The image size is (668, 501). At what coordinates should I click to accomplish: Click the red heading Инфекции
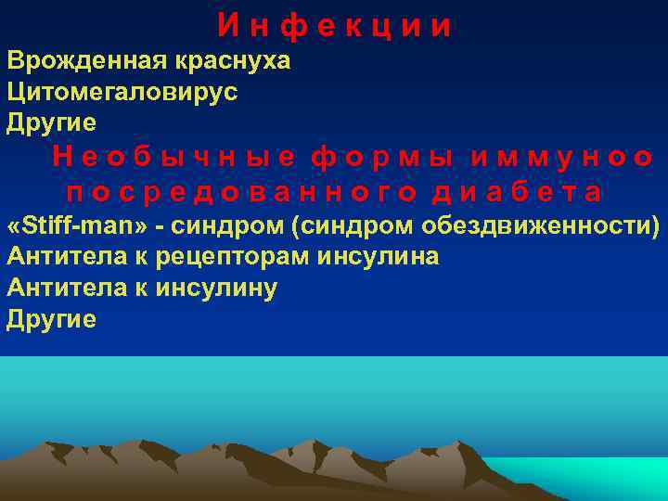(335, 26)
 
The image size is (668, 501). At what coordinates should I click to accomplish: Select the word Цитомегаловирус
(122, 91)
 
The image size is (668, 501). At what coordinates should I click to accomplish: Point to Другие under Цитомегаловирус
(51, 121)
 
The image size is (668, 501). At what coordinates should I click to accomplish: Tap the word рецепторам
(247, 257)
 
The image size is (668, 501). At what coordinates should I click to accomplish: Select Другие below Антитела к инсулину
(51, 318)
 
